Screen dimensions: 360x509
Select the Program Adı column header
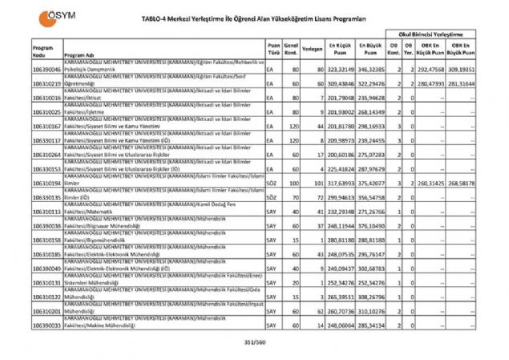pos(79,55)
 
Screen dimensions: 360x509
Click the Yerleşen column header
pos(313,48)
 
